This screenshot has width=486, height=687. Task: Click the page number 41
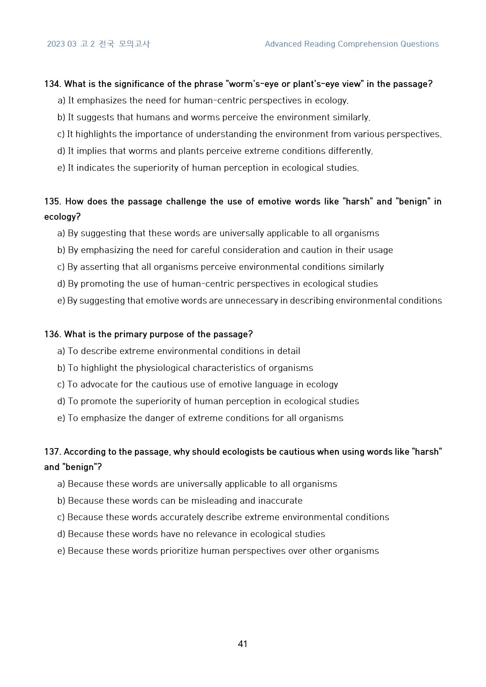point(243,644)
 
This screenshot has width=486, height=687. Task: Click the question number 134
point(52,84)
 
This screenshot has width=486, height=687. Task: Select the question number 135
point(52,202)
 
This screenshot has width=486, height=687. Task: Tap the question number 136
point(52,334)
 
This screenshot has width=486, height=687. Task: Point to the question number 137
point(52,452)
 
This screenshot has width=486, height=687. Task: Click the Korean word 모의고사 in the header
point(134,44)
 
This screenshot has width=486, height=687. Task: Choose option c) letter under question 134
point(61,134)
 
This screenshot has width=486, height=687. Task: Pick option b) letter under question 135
point(61,250)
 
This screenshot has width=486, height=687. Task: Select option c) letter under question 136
point(61,385)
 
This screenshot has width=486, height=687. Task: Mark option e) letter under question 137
point(61,551)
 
